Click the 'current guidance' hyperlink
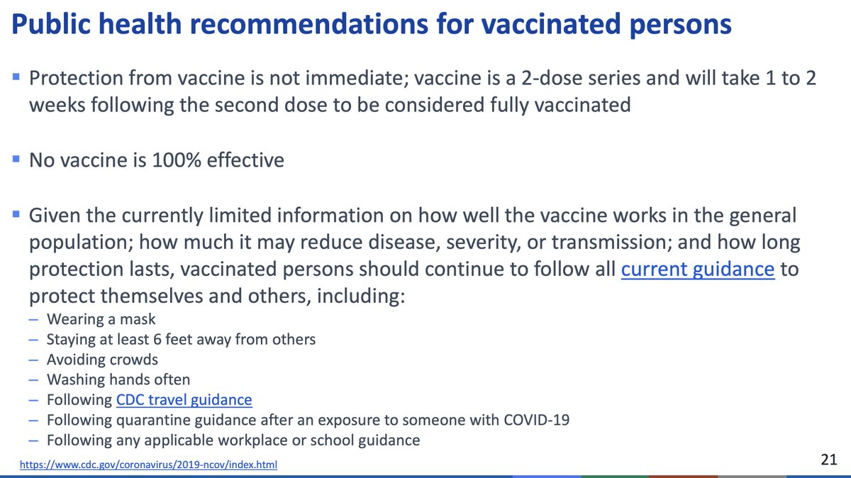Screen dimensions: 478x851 tap(698, 270)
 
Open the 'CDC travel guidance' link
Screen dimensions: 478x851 tap(184, 400)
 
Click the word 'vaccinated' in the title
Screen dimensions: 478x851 tap(557, 25)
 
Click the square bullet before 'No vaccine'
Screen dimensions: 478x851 tap(16, 159)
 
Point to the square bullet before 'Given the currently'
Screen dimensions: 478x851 tap(16, 213)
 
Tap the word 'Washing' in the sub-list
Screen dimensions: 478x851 tap(72, 380)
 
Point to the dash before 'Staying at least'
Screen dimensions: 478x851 tap(33, 340)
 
